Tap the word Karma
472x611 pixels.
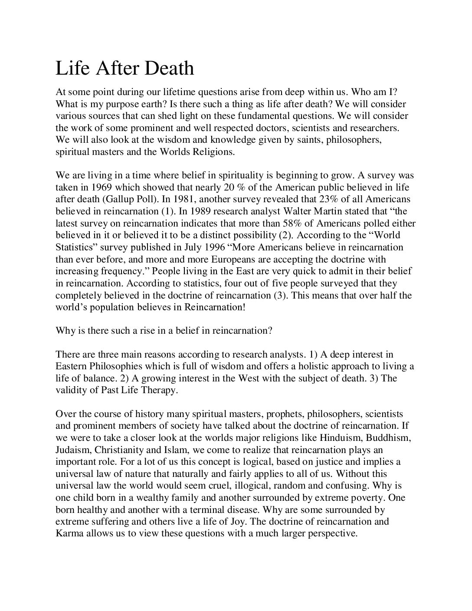point(69,533)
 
